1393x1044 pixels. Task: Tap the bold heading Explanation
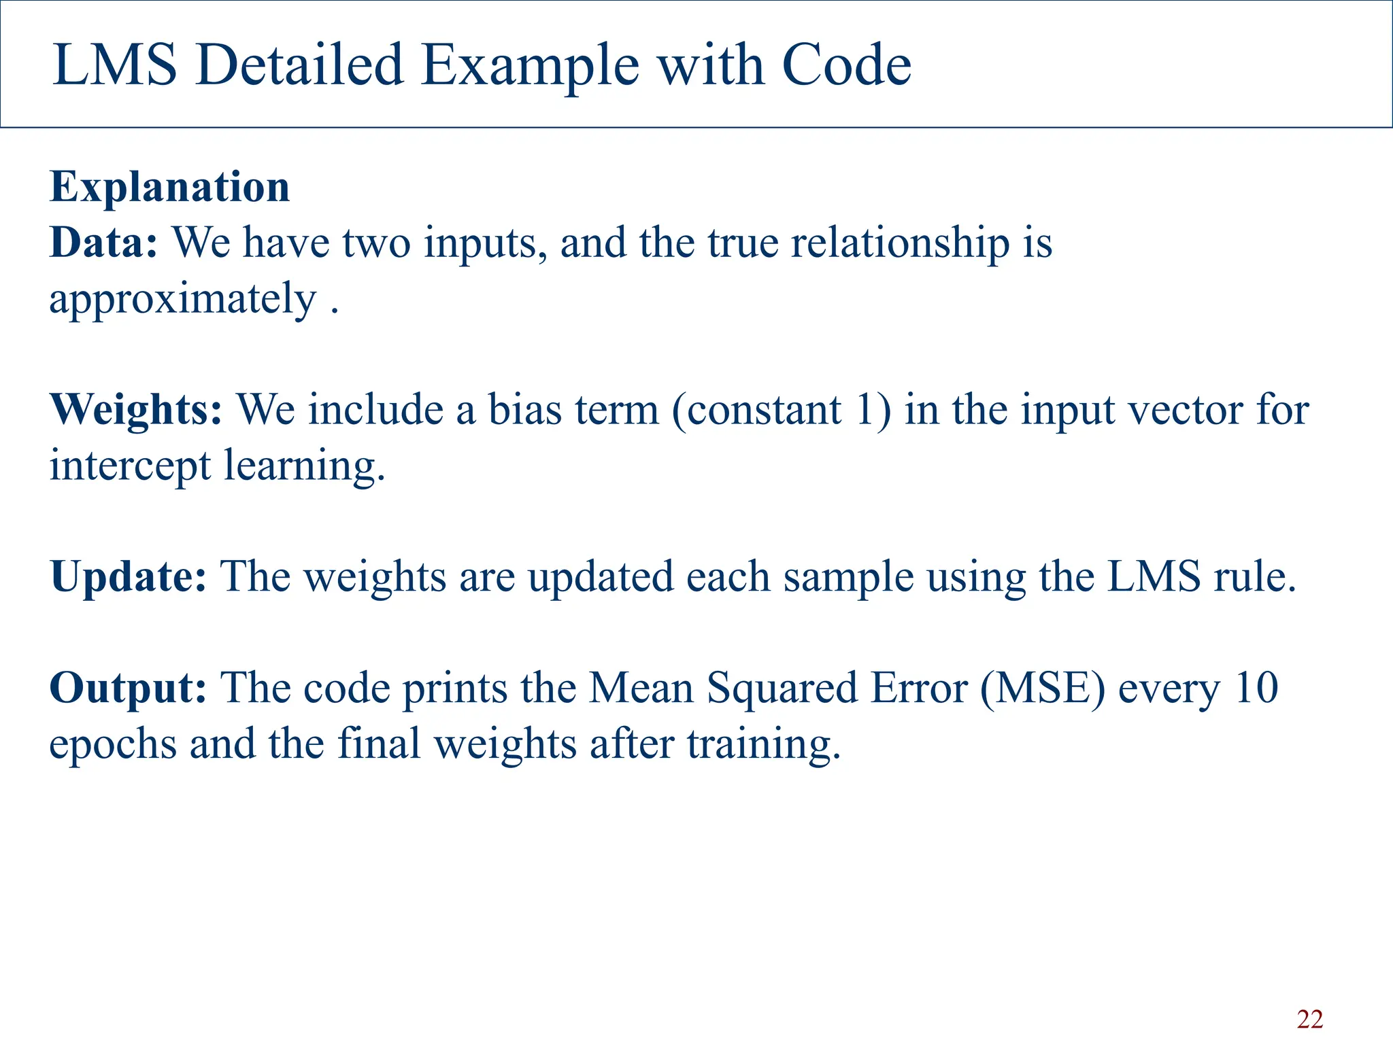tap(170, 187)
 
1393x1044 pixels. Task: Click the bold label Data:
tap(103, 243)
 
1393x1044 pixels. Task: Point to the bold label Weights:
tap(136, 410)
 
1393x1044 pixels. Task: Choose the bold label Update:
tap(128, 576)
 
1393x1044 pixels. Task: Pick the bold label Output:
tap(128, 688)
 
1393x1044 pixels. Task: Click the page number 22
tap(1309, 1020)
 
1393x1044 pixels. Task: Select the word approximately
tap(182, 300)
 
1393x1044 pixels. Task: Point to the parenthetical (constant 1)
tap(781, 410)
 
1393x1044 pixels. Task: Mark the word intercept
tap(130, 466)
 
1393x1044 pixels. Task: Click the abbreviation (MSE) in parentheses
tap(1043, 688)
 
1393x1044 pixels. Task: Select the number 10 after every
tap(1256, 688)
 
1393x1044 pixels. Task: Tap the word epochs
tap(113, 744)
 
